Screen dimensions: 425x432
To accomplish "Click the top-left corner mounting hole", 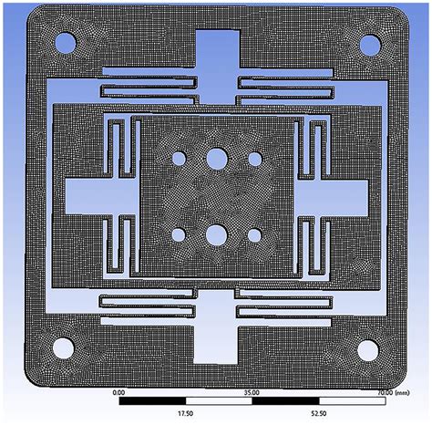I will pyautogui.click(x=65, y=42).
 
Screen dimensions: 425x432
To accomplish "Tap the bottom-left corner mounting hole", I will pyautogui.click(x=64, y=347).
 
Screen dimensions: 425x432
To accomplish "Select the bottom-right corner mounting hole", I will pyautogui.click(x=369, y=347).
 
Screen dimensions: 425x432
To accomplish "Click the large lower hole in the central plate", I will pyautogui.click(x=217, y=235).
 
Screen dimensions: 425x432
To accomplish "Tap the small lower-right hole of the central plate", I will pyautogui.click(x=255, y=235).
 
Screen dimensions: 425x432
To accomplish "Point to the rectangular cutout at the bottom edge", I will pyautogui.click(x=217, y=339).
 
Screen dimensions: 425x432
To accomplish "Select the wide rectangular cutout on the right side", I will pyautogui.click(x=339, y=195).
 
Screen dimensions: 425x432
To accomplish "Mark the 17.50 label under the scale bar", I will pyautogui.click(x=186, y=413).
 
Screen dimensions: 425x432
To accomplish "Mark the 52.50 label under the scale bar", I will pyautogui.click(x=321, y=413).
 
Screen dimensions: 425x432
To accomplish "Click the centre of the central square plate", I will pyautogui.click(x=217, y=196).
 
